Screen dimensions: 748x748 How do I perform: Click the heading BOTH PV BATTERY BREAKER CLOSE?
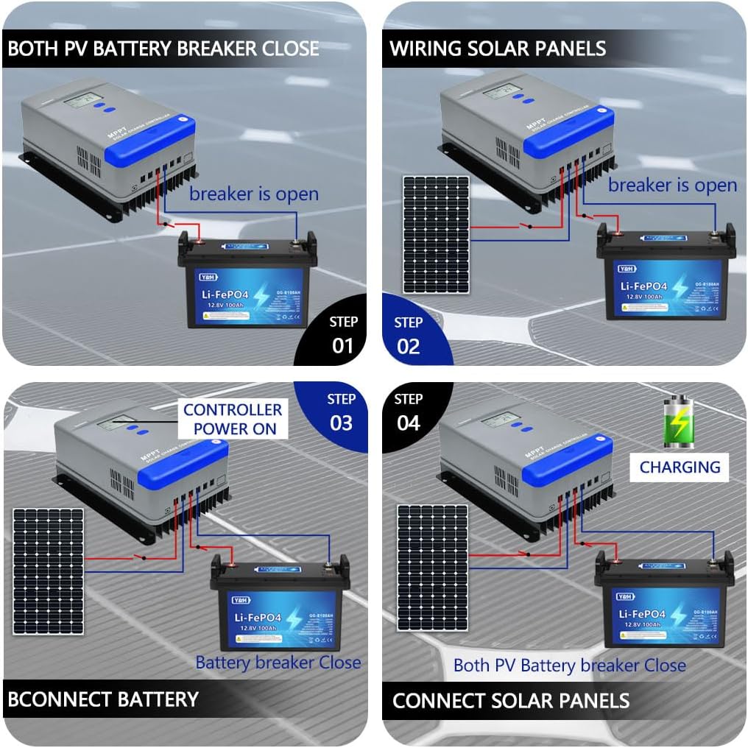163,49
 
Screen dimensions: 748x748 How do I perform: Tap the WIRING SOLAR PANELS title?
498,49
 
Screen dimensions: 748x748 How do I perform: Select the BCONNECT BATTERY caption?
103,699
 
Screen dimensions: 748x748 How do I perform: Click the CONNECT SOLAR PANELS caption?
511,700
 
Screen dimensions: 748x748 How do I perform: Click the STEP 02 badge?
409,336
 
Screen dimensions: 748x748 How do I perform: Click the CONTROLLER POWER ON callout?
232,419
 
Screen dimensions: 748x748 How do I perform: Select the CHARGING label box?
679,467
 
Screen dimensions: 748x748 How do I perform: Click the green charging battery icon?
679,422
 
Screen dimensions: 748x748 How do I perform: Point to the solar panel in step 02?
435,234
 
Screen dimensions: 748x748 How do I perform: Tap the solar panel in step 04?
432,567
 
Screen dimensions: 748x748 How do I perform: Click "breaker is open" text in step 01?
253,194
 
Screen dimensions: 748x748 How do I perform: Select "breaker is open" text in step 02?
672,185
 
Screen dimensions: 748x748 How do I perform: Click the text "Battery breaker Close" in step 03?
278,663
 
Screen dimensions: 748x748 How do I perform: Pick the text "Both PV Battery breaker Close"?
569,666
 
